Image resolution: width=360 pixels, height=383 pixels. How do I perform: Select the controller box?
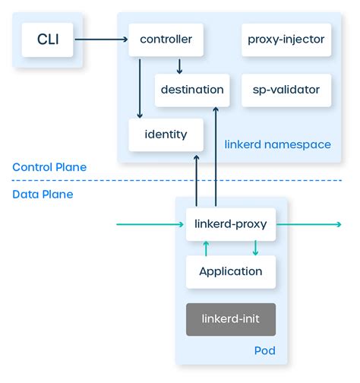point(166,40)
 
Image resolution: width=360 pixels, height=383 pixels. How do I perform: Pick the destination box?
point(192,90)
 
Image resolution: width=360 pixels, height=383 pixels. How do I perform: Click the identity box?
point(166,135)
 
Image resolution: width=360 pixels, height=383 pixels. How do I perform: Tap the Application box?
point(230,271)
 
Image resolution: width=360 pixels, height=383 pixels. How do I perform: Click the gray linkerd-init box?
point(230,319)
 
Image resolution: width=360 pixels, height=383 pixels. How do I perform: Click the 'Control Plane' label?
point(49,167)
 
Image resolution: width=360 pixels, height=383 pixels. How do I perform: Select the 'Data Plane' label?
point(43,195)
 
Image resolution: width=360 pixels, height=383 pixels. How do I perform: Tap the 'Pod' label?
point(264,351)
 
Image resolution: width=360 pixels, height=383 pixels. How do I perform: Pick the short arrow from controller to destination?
point(179,65)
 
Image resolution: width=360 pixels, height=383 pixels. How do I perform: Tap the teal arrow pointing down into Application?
point(254,248)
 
